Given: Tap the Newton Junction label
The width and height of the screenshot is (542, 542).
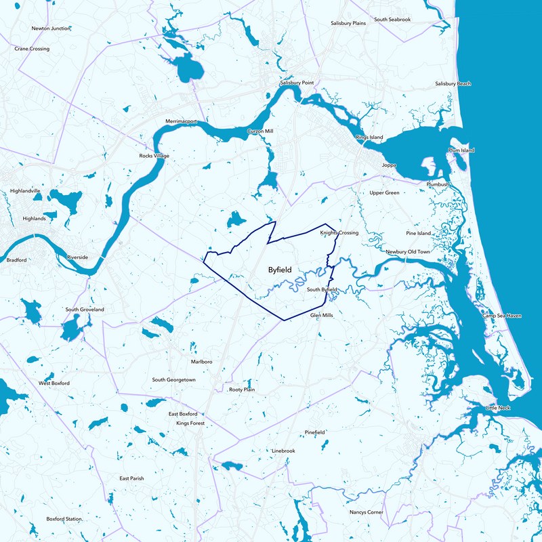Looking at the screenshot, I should (51, 28).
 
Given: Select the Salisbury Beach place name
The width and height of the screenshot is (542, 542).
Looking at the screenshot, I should (453, 83).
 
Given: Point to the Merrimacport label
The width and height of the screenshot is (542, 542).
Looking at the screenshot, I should (181, 121).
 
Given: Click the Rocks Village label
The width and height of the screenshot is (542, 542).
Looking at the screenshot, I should (154, 156).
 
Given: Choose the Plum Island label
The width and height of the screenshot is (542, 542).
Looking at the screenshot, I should (461, 150).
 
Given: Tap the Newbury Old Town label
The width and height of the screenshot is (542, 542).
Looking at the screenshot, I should (408, 252).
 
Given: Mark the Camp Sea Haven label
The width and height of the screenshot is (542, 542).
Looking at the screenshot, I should (501, 316).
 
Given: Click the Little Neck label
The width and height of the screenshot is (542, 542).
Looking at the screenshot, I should (501, 408).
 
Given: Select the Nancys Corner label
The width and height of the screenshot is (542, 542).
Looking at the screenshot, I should (366, 512).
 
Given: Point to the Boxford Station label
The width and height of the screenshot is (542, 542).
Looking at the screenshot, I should (64, 519).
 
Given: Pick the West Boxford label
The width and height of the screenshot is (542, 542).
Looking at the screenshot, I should (54, 383).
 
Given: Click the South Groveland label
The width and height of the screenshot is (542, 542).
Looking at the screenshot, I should (85, 310).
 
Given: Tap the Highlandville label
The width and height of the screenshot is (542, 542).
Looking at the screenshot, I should (26, 191).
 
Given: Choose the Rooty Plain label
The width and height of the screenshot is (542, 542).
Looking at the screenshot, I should (241, 390).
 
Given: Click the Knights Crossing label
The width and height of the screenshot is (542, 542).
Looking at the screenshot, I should (339, 233).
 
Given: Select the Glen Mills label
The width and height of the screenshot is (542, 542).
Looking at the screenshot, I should (322, 316).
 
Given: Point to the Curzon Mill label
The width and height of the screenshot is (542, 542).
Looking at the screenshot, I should (260, 130).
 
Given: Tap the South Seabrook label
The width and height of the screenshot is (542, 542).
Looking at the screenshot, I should (392, 20).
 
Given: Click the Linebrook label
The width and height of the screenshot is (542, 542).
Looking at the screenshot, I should (283, 451).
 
